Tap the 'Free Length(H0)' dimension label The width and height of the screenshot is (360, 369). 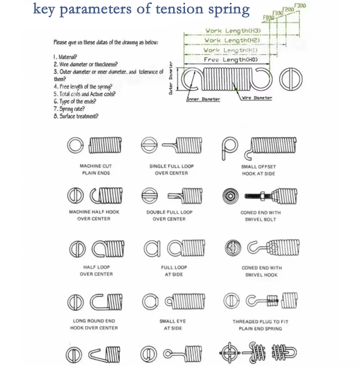tap(231, 60)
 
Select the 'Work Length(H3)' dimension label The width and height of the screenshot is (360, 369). tap(233, 31)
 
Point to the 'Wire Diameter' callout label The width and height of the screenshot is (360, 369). tap(257, 98)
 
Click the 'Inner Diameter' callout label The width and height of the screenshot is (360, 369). tap(204, 99)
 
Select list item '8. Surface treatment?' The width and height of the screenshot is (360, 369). tap(76, 116)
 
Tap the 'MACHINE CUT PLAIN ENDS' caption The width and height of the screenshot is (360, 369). tap(95, 170)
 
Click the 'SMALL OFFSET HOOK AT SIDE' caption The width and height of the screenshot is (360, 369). tap(258, 170)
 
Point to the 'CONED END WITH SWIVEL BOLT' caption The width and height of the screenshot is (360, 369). tap(260, 216)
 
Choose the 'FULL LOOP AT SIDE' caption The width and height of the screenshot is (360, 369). tap(174, 271)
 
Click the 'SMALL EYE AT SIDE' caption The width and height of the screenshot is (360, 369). tap(172, 324)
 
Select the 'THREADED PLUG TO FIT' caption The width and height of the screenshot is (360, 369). tap(260, 321)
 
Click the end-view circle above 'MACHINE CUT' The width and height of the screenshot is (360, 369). tap(74, 145)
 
